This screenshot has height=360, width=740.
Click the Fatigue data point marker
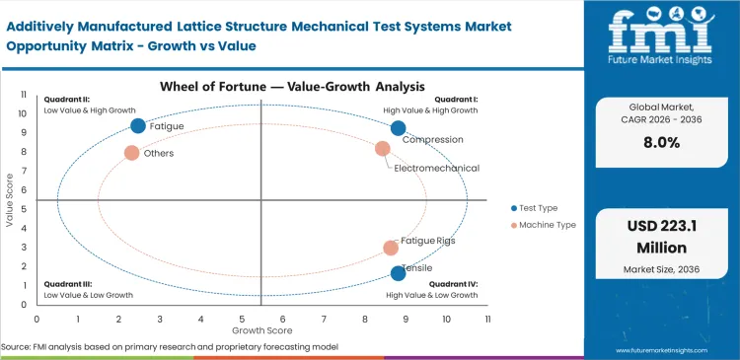click(x=138, y=125)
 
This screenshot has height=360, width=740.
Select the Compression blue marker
click(x=398, y=128)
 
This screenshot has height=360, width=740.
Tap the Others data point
click(x=131, y=153)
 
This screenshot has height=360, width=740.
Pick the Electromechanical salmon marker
click(x=383, y=149)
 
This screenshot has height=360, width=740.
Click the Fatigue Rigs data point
click(x=391, y=248)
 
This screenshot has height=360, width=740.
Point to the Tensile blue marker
click(x=398, y=273)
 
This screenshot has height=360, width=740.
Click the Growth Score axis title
click(x=261, y=331)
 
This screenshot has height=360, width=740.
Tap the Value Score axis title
click(x=9, y=201)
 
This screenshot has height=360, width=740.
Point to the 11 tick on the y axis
click(x=23, y=94)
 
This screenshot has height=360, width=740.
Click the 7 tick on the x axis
click(x=324, y=319)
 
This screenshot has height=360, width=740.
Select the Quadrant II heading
click(x=66, y=100)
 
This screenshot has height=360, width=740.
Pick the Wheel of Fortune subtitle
click(x=260, y=87)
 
